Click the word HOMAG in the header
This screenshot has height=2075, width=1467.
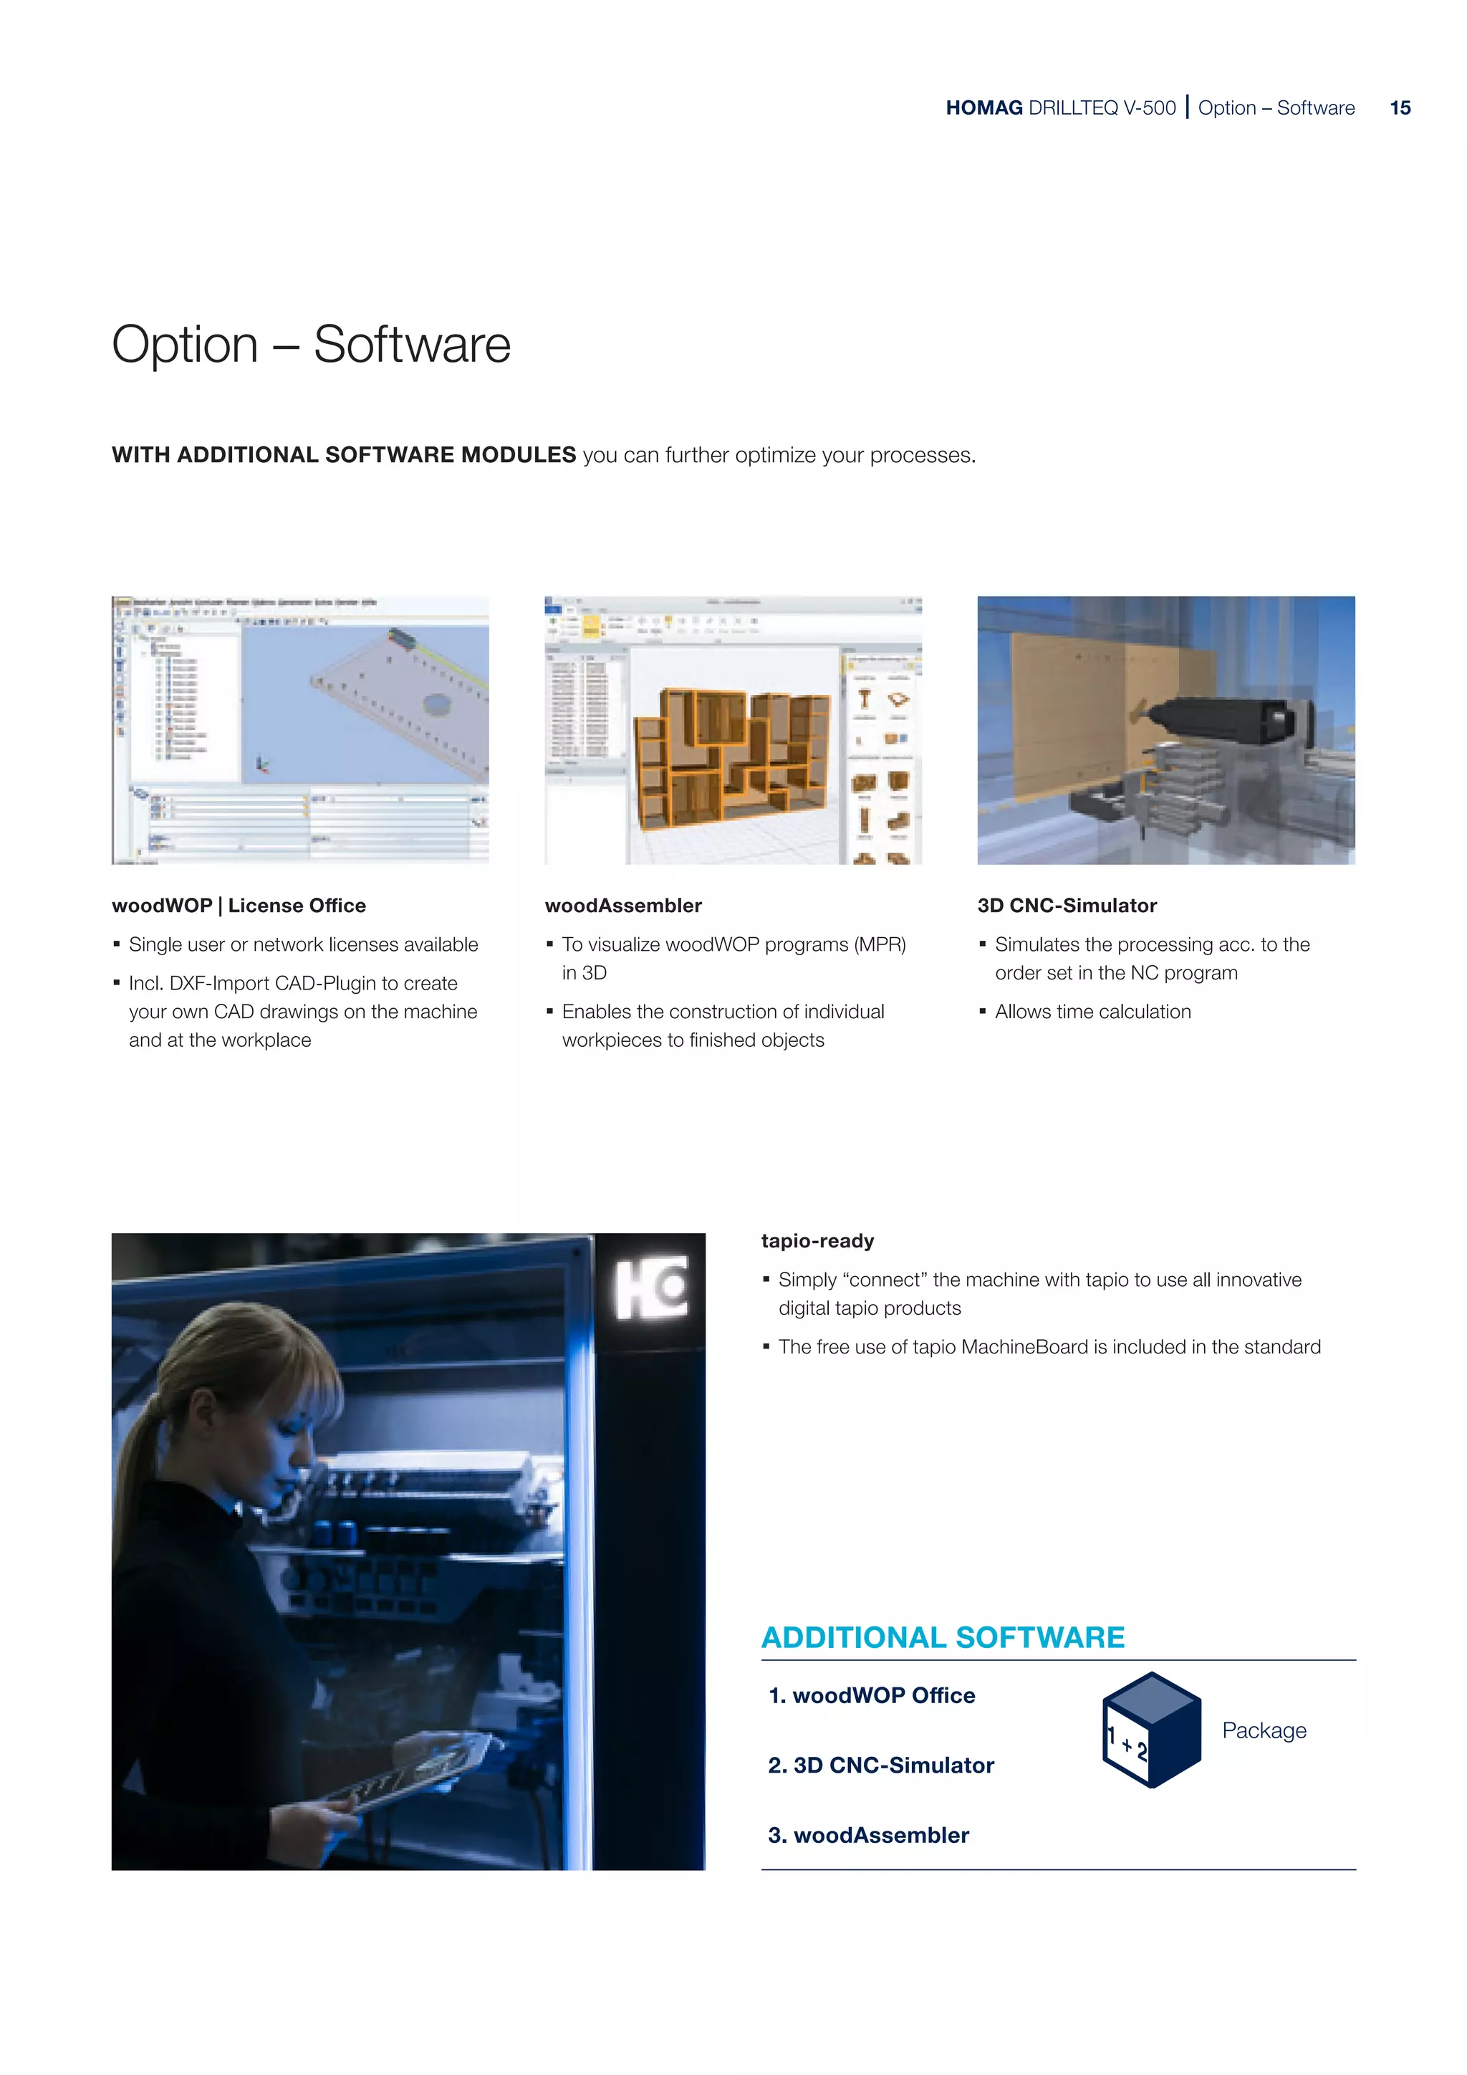pyautogui.click(x=983, y=108)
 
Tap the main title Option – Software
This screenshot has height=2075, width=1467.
pyautogui.click(x=311, y=345)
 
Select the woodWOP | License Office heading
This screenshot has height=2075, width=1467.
pyautogui.click(x=239, y=906)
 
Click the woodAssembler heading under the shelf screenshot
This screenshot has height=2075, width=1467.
pyautogui.click(x=622, y=906)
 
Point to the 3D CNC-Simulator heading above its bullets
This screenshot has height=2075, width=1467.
pyautogui.click(x=1066, y=906)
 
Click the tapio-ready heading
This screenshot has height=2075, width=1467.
pyautogui.click(x=817, y=1241)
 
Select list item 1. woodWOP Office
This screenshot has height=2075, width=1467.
pyautogui.click(x=872, y=1695)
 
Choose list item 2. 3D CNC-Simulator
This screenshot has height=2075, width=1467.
pyautogui.click(x=881, y=1765)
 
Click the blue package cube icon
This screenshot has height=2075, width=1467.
pyautogui.click(x=1151, y=1730)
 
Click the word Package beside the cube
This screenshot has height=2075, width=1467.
pyautogui.click(x=1264, y=1730)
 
